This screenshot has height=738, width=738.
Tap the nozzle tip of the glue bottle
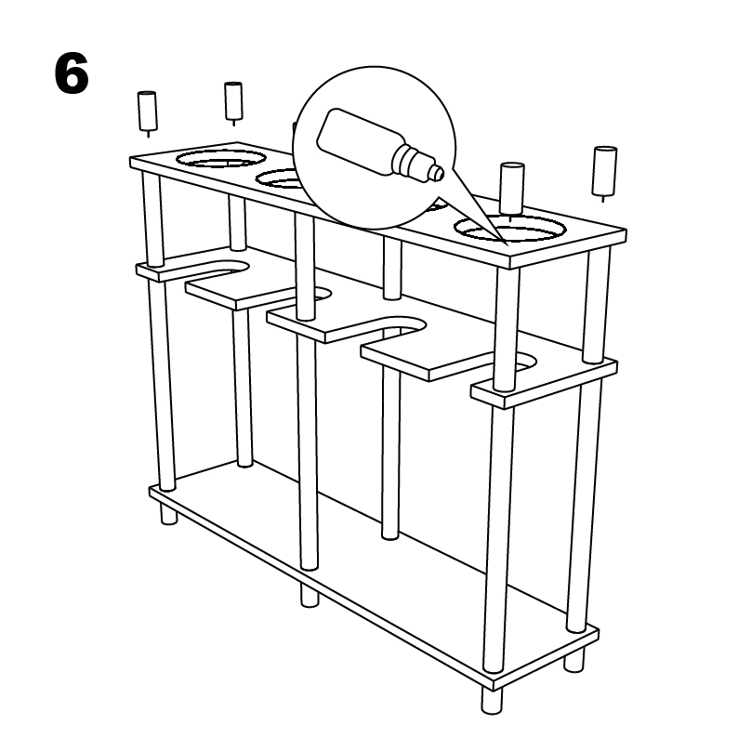(436, 171)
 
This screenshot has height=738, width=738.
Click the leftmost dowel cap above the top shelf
(147, 111)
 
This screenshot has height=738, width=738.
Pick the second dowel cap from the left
(232, 100)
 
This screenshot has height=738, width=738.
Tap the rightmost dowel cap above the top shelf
(604, 169)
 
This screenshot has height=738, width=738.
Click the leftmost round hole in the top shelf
(216, 158)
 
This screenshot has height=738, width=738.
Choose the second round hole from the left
(279, 178)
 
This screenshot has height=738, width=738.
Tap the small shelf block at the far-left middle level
(158, 271)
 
